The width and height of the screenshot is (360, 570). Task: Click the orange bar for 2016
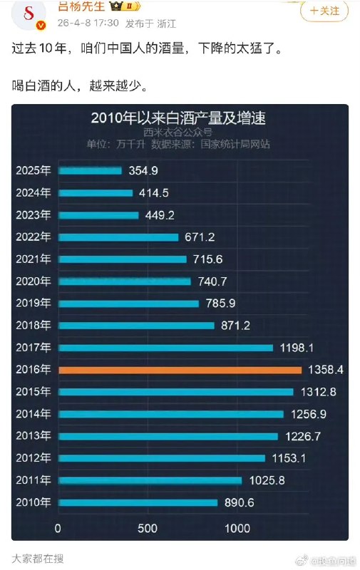tap(180, 370)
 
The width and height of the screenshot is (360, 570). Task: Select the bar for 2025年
tap(91, 171)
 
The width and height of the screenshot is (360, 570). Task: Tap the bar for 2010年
tap(138, 502)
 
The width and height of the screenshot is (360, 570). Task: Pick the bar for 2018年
tap(136, 326)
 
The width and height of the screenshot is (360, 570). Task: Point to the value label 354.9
tap(143, 171)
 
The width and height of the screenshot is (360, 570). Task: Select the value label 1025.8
tap(268, 480)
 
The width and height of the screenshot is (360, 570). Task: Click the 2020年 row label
tap(34, 281)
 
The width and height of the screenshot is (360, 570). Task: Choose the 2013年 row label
tap(34, 436)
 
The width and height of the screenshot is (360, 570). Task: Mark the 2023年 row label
tap(34, 215)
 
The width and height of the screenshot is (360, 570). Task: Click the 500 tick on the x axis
tap(147, 529)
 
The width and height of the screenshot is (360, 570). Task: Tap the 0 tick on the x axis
tap(58, 529)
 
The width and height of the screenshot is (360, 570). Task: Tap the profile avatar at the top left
tap(29, 15)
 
